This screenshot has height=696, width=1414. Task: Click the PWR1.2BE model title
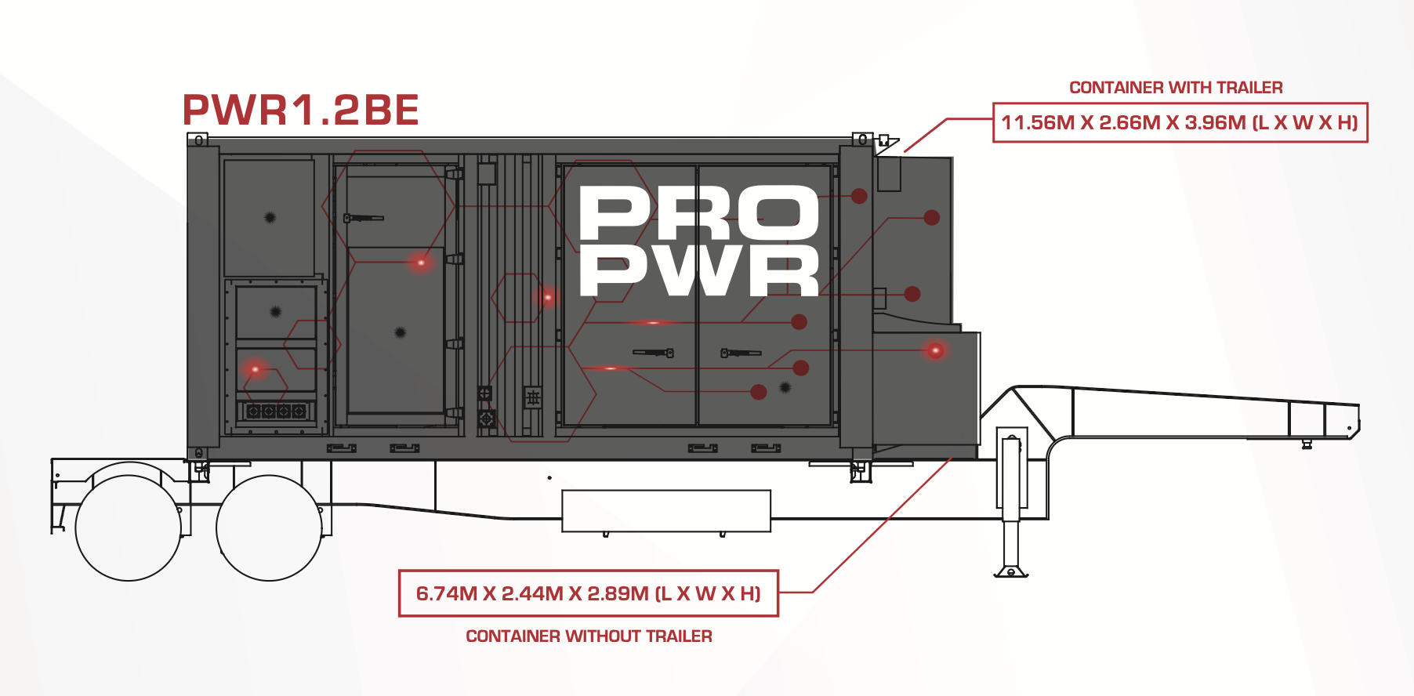(x=300, y=110)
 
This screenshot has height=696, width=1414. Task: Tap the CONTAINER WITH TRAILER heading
(x=1176, y=88)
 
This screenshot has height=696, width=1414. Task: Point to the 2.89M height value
(x=618, y=594)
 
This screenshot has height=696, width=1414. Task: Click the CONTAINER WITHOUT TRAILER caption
(x=589, y=636)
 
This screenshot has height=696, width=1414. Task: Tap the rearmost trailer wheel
(x=128, y=527)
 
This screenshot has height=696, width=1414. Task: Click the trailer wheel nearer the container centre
(x=269, y=527)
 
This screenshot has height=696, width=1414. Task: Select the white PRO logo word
(x=698, y=213)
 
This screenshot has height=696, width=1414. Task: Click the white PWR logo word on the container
(x=698, y=270)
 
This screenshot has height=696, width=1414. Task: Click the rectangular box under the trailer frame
(x=666, y=511)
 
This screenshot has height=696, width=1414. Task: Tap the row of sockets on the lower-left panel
(x=275, y=411)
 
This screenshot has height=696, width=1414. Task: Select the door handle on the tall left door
(x=363, y=217)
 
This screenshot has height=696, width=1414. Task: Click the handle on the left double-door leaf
(x=654, y=353)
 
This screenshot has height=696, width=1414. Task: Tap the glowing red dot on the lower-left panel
(x=256, y=369)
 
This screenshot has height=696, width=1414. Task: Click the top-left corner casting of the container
(x=198, y=140)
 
